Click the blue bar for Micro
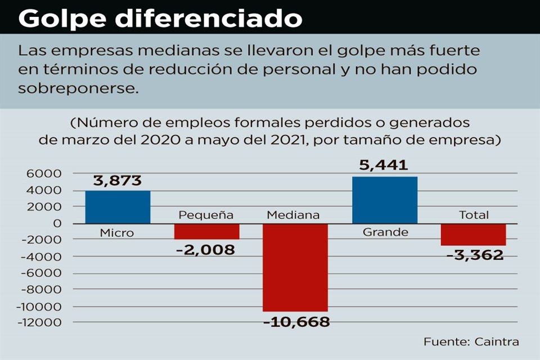pyautogui.click(x=118, y=207)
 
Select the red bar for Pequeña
pyautogui.click(x=206, y=231)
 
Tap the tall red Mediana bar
pyautogui.click(x=295, y=267)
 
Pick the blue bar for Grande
pyautogui.click(x=385, y=200)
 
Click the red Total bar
pyautogui.click(x=473, y=234)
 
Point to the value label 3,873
pyautogui.click(x=118, y=181)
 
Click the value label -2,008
pyautogui.click(x=205, y=250)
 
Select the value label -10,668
pyautogui.click(x=295, y=322)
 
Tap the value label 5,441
pyautogui.click(x=385, y=165)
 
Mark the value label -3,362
pyautogui.click(x=474, y=255)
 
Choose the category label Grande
pyautogui.click(x=385, y=232)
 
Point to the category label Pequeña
pyautogui.click(x=206, y=215)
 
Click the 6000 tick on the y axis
pyautogui.click(x=48, y=174)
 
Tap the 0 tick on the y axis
pyautogui.click(x=57, y=223)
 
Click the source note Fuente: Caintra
pyautogui.click(x=471, y=342)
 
